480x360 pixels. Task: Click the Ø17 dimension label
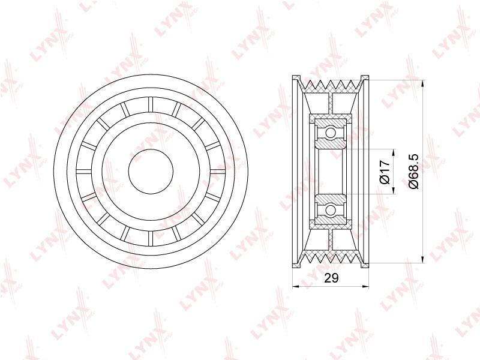click(385, 172)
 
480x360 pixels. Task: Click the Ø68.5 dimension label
click(413, 171)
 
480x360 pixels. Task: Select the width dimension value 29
click(331, 278)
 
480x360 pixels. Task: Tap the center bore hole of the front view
click(151, 172)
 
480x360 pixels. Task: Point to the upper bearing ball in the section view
click(331, 133)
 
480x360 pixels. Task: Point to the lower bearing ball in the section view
click(331, 211)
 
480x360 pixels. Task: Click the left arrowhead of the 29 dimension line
click(296, 287)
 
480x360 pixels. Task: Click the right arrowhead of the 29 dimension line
click(365, 287)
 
